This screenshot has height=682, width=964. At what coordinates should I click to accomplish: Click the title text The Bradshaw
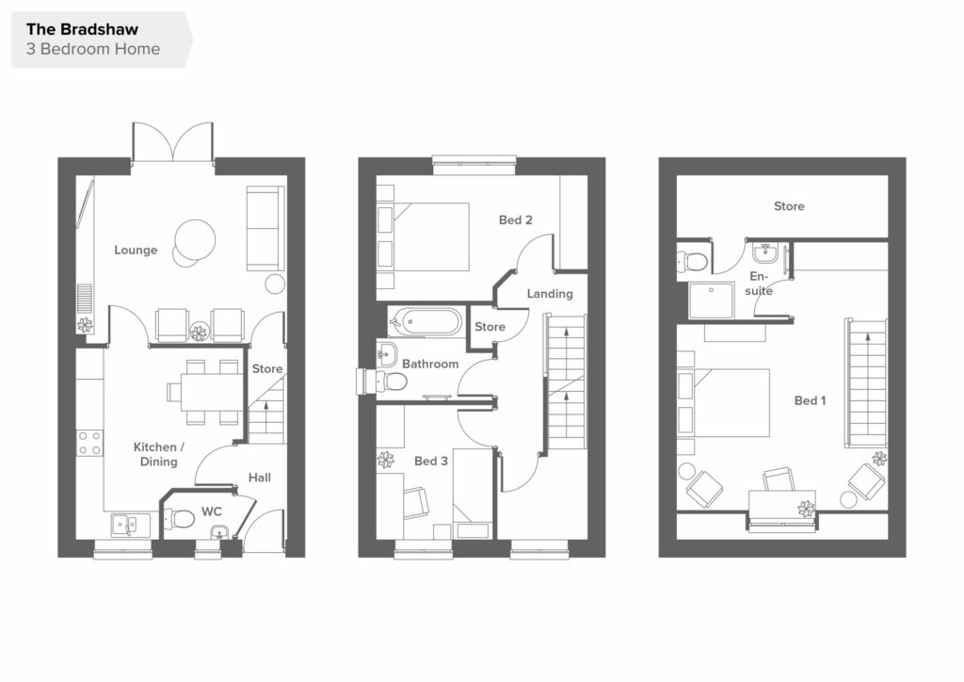pyautogui.click(x=82, y=29)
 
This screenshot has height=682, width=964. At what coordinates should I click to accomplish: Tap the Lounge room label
pyautogui.click(x=136, y=250)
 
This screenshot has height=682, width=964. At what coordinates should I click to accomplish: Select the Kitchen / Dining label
pyautogui.click(x=158, y=454)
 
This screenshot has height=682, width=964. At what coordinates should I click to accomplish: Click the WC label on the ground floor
pyautogui.click(x=212, y=511)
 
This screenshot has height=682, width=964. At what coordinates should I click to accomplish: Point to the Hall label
pyautogui.click(x=260, y=478)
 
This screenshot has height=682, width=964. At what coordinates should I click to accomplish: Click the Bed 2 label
pyautogui.click(x=515, y=219)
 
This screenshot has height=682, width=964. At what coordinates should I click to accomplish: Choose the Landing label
pyautogui.click(x=550, y=294)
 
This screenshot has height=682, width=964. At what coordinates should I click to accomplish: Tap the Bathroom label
pyautogui.click(x=430, y=364)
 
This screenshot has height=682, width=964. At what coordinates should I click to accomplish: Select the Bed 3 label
pyautogui.click(x=431, y=461)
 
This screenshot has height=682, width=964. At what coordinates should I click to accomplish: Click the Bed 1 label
pyautogui.click(x=810, y=400)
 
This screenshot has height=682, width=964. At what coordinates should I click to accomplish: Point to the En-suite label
pyautogui.click(x=759, y=284)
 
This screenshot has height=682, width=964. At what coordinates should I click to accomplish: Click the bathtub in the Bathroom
pyautogui.click(x=426, y=321)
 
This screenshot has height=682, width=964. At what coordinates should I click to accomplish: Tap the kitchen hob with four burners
pyautogui.click(x=89, y=443)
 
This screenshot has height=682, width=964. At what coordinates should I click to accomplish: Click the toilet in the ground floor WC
pyautogui.click(x=179, y=519)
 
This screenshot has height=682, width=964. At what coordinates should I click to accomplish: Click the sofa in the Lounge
pyautogui.click(x=265, y=228)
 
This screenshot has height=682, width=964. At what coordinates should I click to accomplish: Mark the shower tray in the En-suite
pyautogui.click(x=712, y=300)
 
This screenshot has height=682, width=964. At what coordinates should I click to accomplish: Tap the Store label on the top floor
pyautogui.click(x=789, y=206)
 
